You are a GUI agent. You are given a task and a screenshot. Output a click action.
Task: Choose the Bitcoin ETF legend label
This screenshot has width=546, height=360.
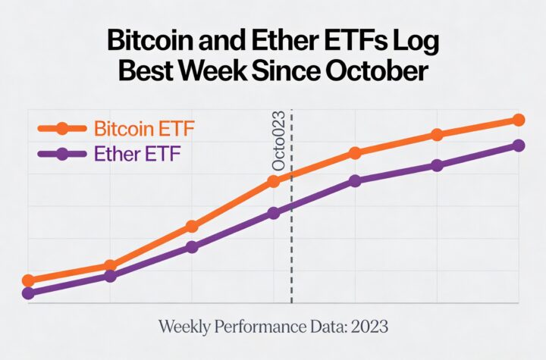coord(144,127)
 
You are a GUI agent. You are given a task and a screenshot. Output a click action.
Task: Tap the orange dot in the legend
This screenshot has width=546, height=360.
coord(62,128)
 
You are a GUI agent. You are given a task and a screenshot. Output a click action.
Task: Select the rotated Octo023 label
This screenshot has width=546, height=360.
coord(278,141)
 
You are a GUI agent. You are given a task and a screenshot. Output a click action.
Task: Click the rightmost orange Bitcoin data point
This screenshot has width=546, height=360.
coord(519,120)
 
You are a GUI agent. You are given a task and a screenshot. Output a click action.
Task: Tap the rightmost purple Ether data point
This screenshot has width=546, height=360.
coord(519,146)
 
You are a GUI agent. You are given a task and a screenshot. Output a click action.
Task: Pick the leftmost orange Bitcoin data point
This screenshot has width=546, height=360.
coord(28,280)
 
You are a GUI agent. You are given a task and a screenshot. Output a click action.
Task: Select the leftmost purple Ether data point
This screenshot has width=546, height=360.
coord(28,293)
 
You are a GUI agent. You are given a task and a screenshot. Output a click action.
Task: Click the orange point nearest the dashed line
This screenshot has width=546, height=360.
coord(274,181)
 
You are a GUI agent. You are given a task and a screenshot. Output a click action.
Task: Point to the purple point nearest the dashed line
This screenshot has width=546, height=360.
coord(274,214)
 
